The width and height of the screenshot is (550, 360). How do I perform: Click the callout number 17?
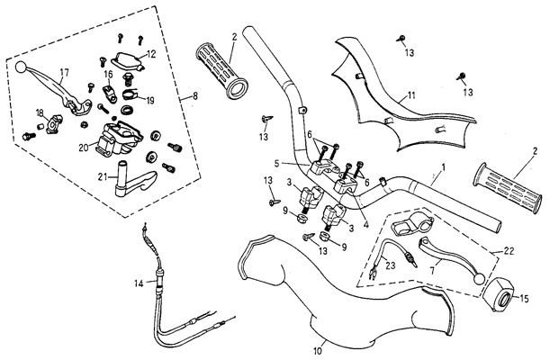click(64, 73)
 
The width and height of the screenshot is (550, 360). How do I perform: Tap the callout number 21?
click(103, 177)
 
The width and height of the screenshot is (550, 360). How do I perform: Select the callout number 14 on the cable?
click(140, 283)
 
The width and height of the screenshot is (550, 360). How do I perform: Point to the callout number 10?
click(317, 350)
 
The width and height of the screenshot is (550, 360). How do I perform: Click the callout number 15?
click(524, 299)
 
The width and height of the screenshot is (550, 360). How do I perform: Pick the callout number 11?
click(410, 95)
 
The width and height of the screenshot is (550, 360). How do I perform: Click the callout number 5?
click(277, 163)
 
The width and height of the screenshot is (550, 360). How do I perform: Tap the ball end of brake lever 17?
click(21, 67)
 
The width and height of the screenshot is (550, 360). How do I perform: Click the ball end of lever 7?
click(479, 278)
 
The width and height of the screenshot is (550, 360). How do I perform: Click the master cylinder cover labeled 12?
click(127, 60)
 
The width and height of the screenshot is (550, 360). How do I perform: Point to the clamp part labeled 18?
click(54, 123)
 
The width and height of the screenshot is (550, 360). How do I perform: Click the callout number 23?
click(390, 265)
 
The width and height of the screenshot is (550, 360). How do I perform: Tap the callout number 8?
click(195, 95)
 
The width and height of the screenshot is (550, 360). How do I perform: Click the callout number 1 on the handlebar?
click(444, 167)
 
